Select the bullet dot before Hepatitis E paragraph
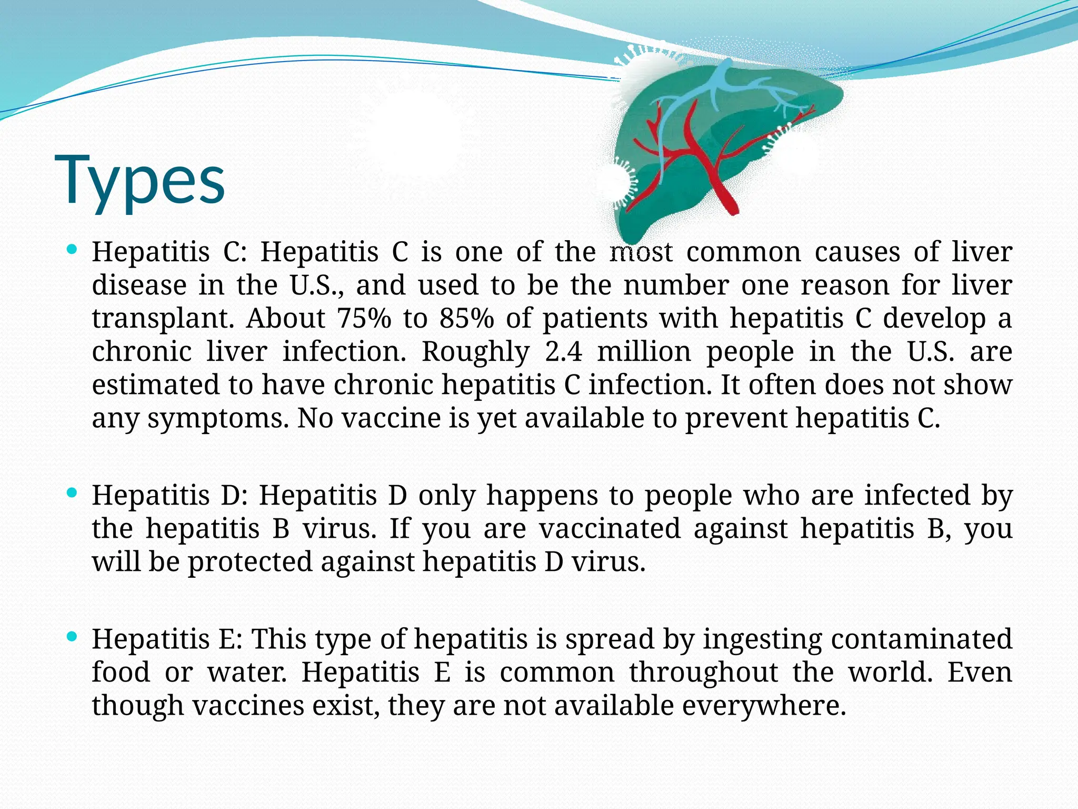click(73, 636)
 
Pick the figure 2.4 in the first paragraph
click(564, 351)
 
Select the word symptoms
click(218, 419)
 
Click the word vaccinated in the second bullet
click(610, 528)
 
